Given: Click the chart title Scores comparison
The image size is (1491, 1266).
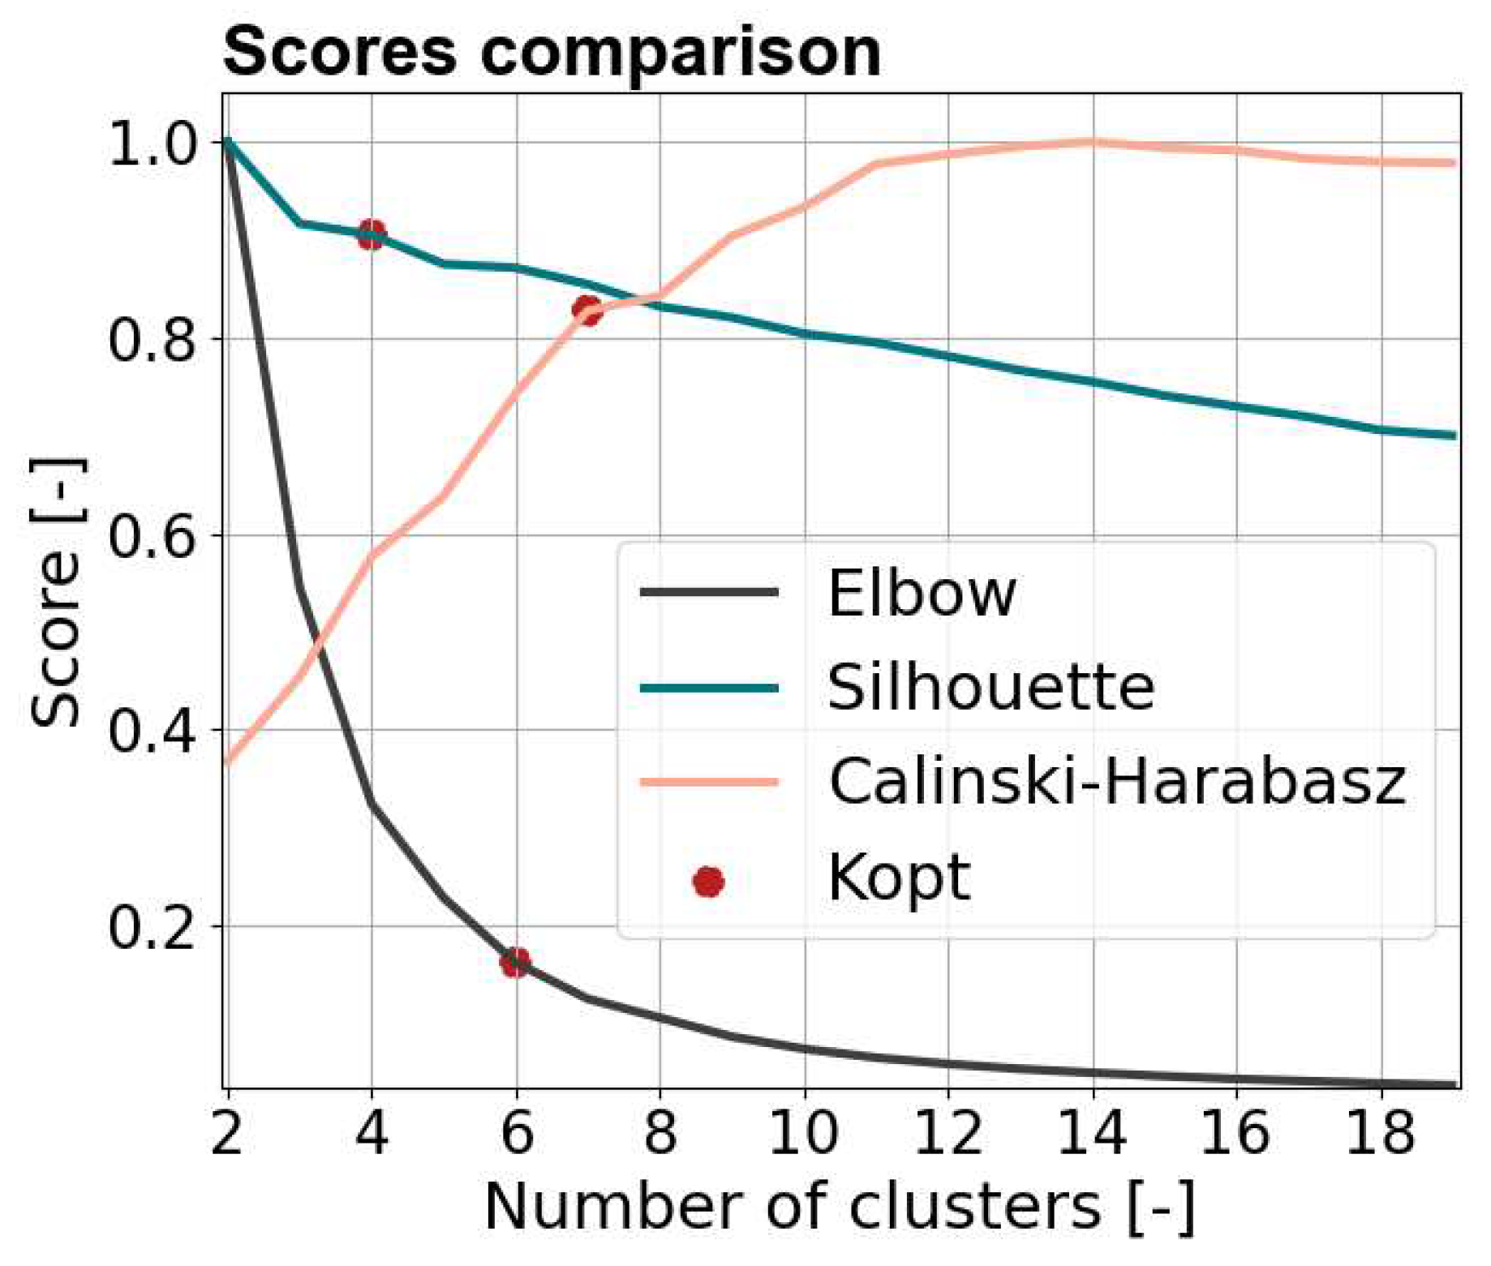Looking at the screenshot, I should [552, 52].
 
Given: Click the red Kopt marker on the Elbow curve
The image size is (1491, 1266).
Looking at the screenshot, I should [515, 963].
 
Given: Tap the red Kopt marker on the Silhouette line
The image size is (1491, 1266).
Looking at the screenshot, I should [372, 235].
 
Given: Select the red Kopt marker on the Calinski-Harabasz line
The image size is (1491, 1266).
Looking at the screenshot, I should [587, 309].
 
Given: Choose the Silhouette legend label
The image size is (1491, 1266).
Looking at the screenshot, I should [990, 688].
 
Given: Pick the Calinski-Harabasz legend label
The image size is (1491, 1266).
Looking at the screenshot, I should [1117, 783].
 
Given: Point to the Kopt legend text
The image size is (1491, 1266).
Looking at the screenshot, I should [898, 879].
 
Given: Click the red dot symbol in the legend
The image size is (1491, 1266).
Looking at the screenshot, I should [708, 882].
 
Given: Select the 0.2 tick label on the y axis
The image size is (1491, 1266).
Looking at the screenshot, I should [153, 928].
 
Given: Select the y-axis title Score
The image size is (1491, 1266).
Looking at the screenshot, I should [57, 592].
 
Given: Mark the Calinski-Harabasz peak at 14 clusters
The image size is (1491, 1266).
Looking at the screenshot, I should [1093, 142].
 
